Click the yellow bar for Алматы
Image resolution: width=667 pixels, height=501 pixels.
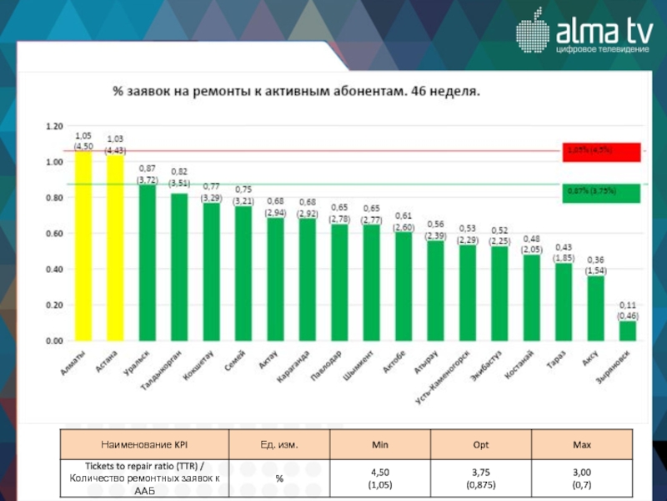[83, 246]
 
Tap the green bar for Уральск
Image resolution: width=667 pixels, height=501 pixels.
[147, 263]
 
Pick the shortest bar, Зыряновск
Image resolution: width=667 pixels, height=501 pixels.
[627, 331]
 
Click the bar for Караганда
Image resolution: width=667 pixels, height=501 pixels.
[307, 280]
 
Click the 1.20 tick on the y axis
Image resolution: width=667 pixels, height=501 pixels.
[54, 126]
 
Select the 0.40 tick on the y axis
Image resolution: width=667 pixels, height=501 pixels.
[54, 270]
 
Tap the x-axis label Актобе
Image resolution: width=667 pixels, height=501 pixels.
[394, 364]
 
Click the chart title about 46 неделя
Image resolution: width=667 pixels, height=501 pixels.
[296, 89]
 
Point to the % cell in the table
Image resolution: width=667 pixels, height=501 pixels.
[279, 478]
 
